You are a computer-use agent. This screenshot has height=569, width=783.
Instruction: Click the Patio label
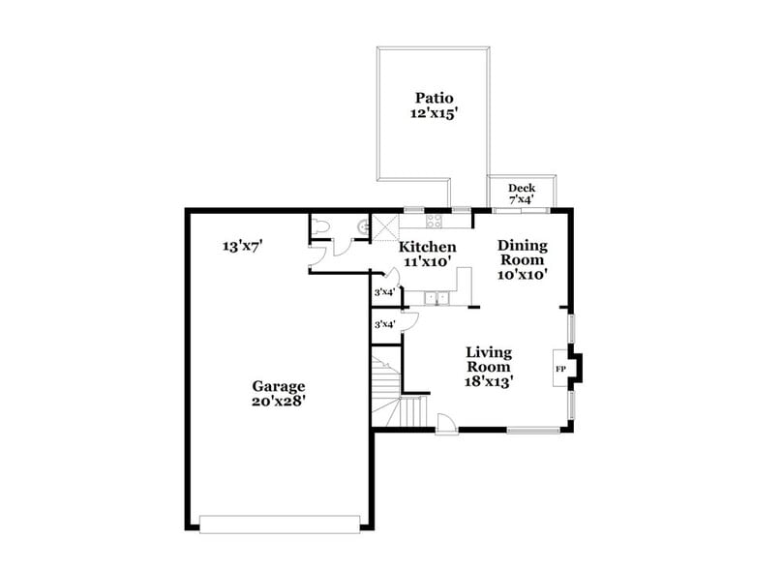coord(435,98)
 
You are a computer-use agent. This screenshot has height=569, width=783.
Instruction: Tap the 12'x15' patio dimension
coord(435,113)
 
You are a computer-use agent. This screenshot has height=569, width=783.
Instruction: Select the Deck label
coord(522,188)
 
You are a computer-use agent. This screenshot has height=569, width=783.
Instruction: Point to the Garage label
coord(279,384)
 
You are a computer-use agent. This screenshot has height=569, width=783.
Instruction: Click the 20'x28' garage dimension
coord(279,400)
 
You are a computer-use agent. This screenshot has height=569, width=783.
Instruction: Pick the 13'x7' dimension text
coord(243,247)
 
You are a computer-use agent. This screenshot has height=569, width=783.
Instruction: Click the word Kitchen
coord(428,247)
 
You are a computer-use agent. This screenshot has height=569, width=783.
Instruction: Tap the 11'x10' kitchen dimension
coord(428,261)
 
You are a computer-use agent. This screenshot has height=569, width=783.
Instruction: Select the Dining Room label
coord(523,253)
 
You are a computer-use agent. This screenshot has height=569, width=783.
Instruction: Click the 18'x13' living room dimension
coord(489,381)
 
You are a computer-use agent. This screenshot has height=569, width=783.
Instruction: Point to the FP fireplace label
coord(560,370)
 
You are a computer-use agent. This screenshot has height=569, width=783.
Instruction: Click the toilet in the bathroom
coord(322,226)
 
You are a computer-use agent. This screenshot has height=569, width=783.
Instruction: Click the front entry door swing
coord(447,423)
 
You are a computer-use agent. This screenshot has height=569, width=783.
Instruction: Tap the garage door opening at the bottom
coord(279,524)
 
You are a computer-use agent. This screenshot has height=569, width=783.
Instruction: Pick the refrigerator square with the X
coord(385,228)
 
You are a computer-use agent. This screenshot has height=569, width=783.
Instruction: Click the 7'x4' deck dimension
coord(522,199)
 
